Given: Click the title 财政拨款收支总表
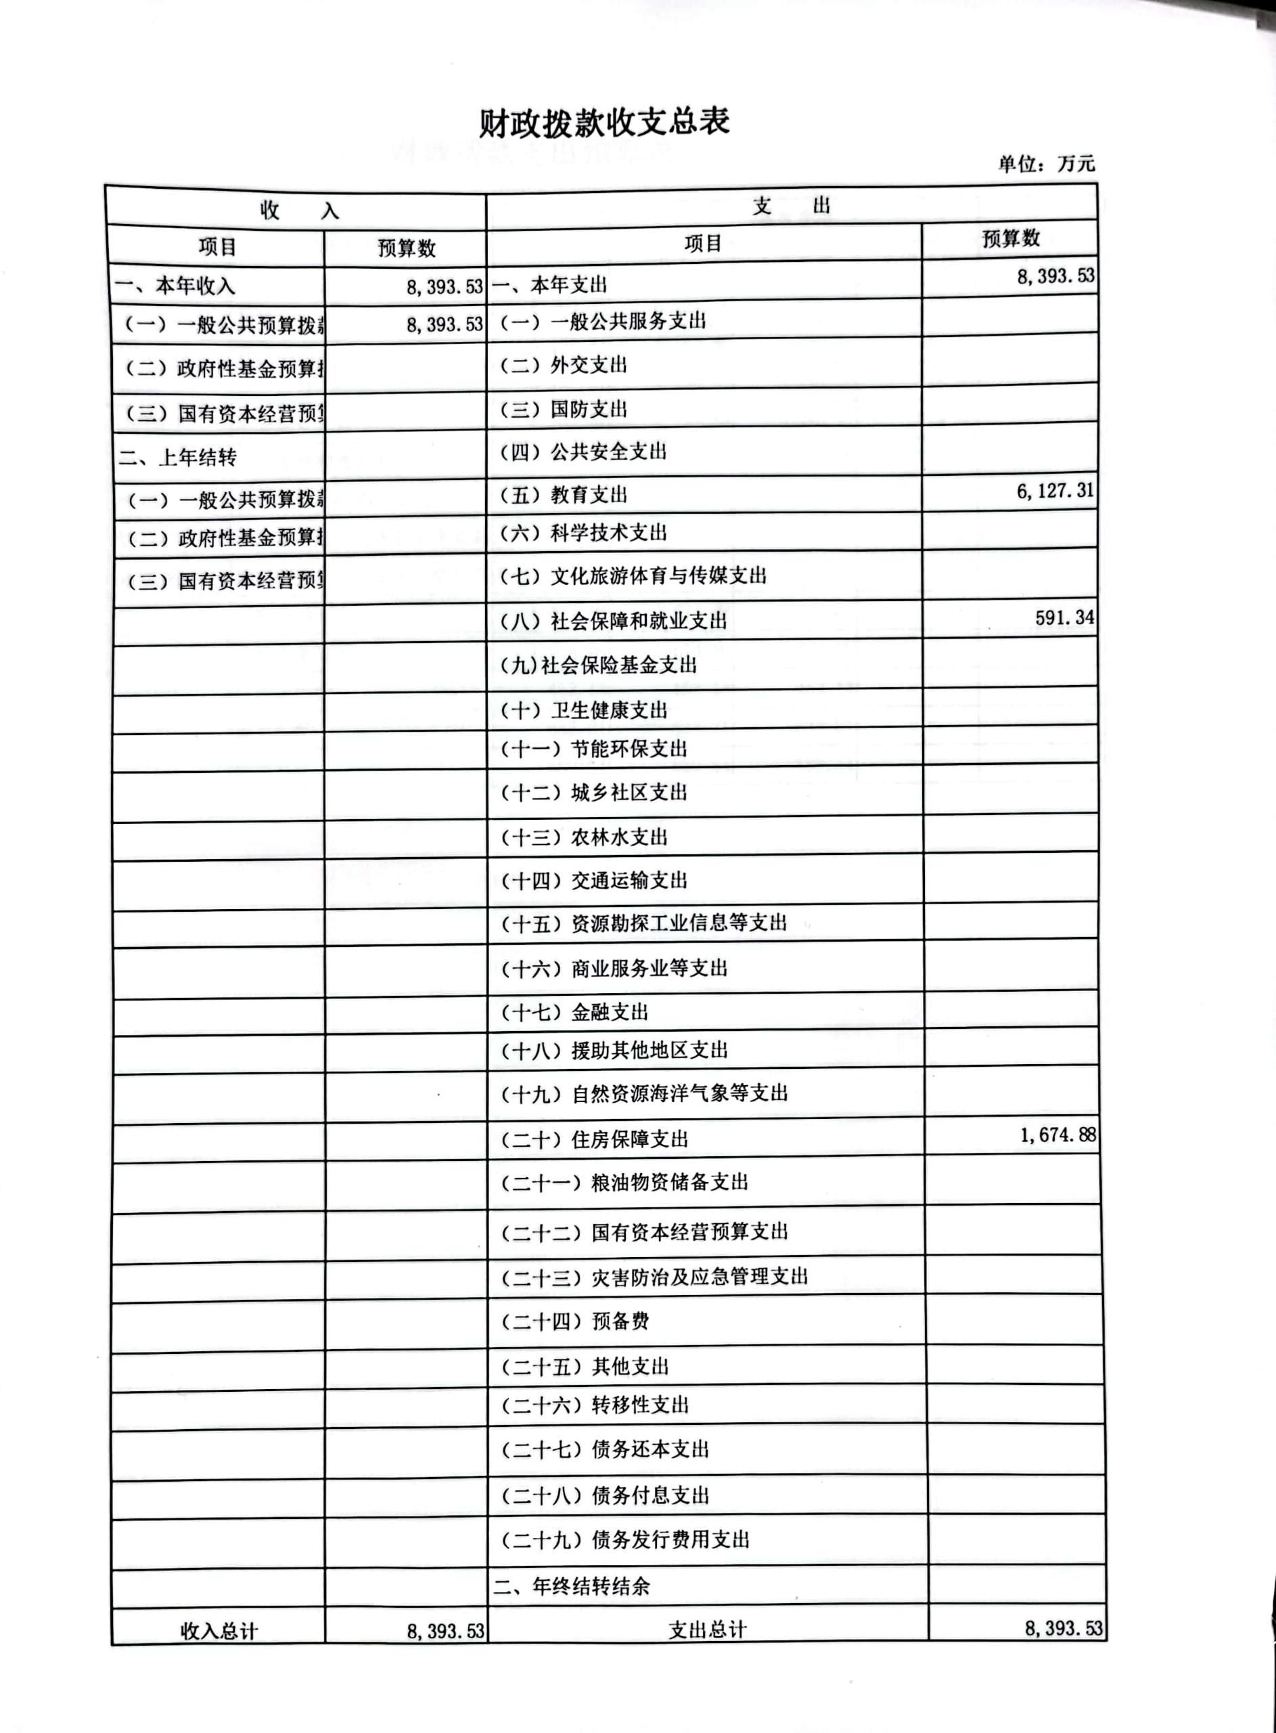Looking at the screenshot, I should (604, 122).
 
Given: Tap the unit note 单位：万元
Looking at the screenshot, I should (1046, 163).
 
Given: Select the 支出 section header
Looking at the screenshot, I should (791, 206).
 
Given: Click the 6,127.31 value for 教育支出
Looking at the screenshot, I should (1055, 491).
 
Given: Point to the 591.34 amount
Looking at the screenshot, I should (1064, 617).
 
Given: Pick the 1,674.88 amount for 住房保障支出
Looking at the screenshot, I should (1057, 1135).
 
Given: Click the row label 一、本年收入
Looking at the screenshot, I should (175, 286).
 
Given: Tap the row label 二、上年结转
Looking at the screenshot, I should (179, 458).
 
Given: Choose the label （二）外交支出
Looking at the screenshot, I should (563, 365).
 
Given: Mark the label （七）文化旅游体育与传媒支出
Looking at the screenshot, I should (633, 575).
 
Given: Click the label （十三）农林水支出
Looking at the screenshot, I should (584, 837).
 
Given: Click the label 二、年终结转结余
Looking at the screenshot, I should (572, 1587).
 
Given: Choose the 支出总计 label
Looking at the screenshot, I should (707, 1629).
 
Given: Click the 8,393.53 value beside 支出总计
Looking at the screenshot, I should (1063, 1628).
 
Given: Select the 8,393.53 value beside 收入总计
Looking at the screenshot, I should (445, 1631).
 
